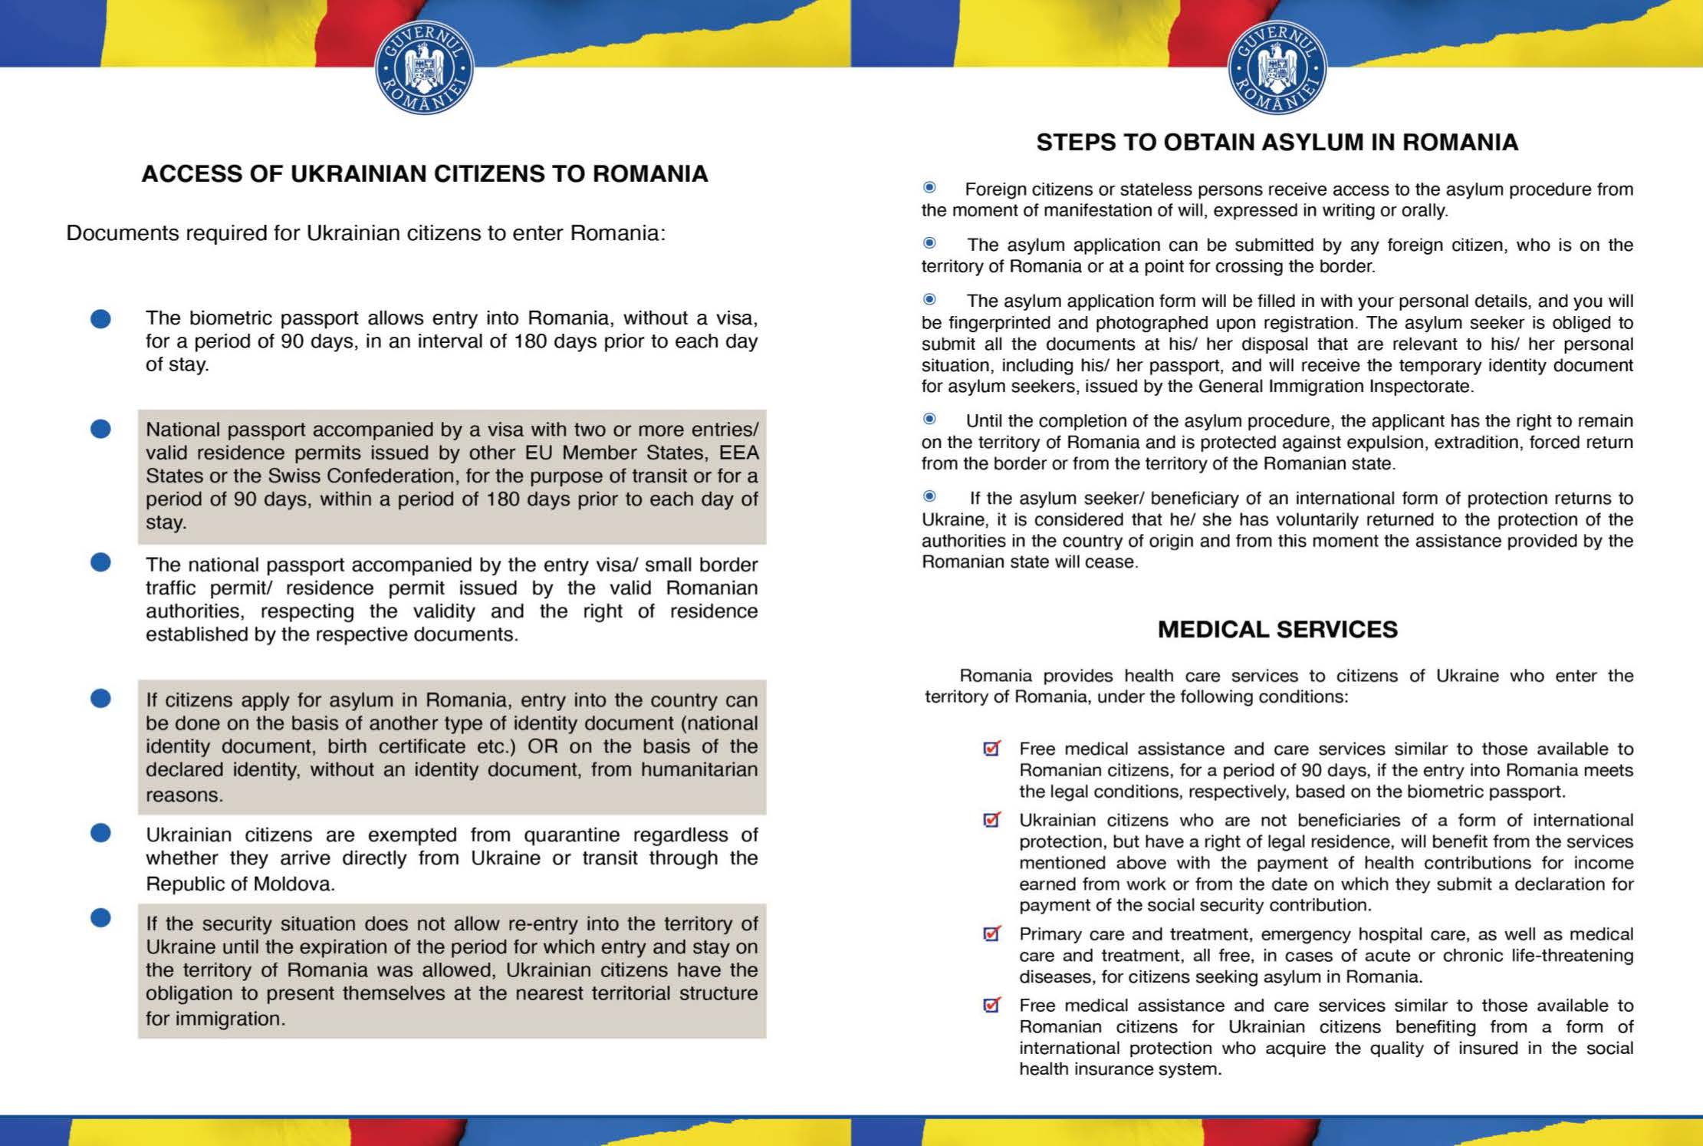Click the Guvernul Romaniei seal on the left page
[424, 68]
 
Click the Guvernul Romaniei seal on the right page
[1277, 68]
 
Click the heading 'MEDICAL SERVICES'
[1277, 630]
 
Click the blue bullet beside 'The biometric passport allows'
[100, 318]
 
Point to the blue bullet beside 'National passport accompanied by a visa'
[100, 429]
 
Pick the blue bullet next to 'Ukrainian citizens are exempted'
[100, 833]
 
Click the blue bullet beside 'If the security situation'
[100, 918]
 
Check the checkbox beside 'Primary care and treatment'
[991, 934]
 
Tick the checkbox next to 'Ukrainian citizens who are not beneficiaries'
[991, 820]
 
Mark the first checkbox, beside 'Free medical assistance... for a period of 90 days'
[991, 749]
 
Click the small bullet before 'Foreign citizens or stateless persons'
[929, 187]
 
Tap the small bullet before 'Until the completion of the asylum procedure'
[929, 419]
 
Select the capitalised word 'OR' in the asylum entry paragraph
[542, 746]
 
